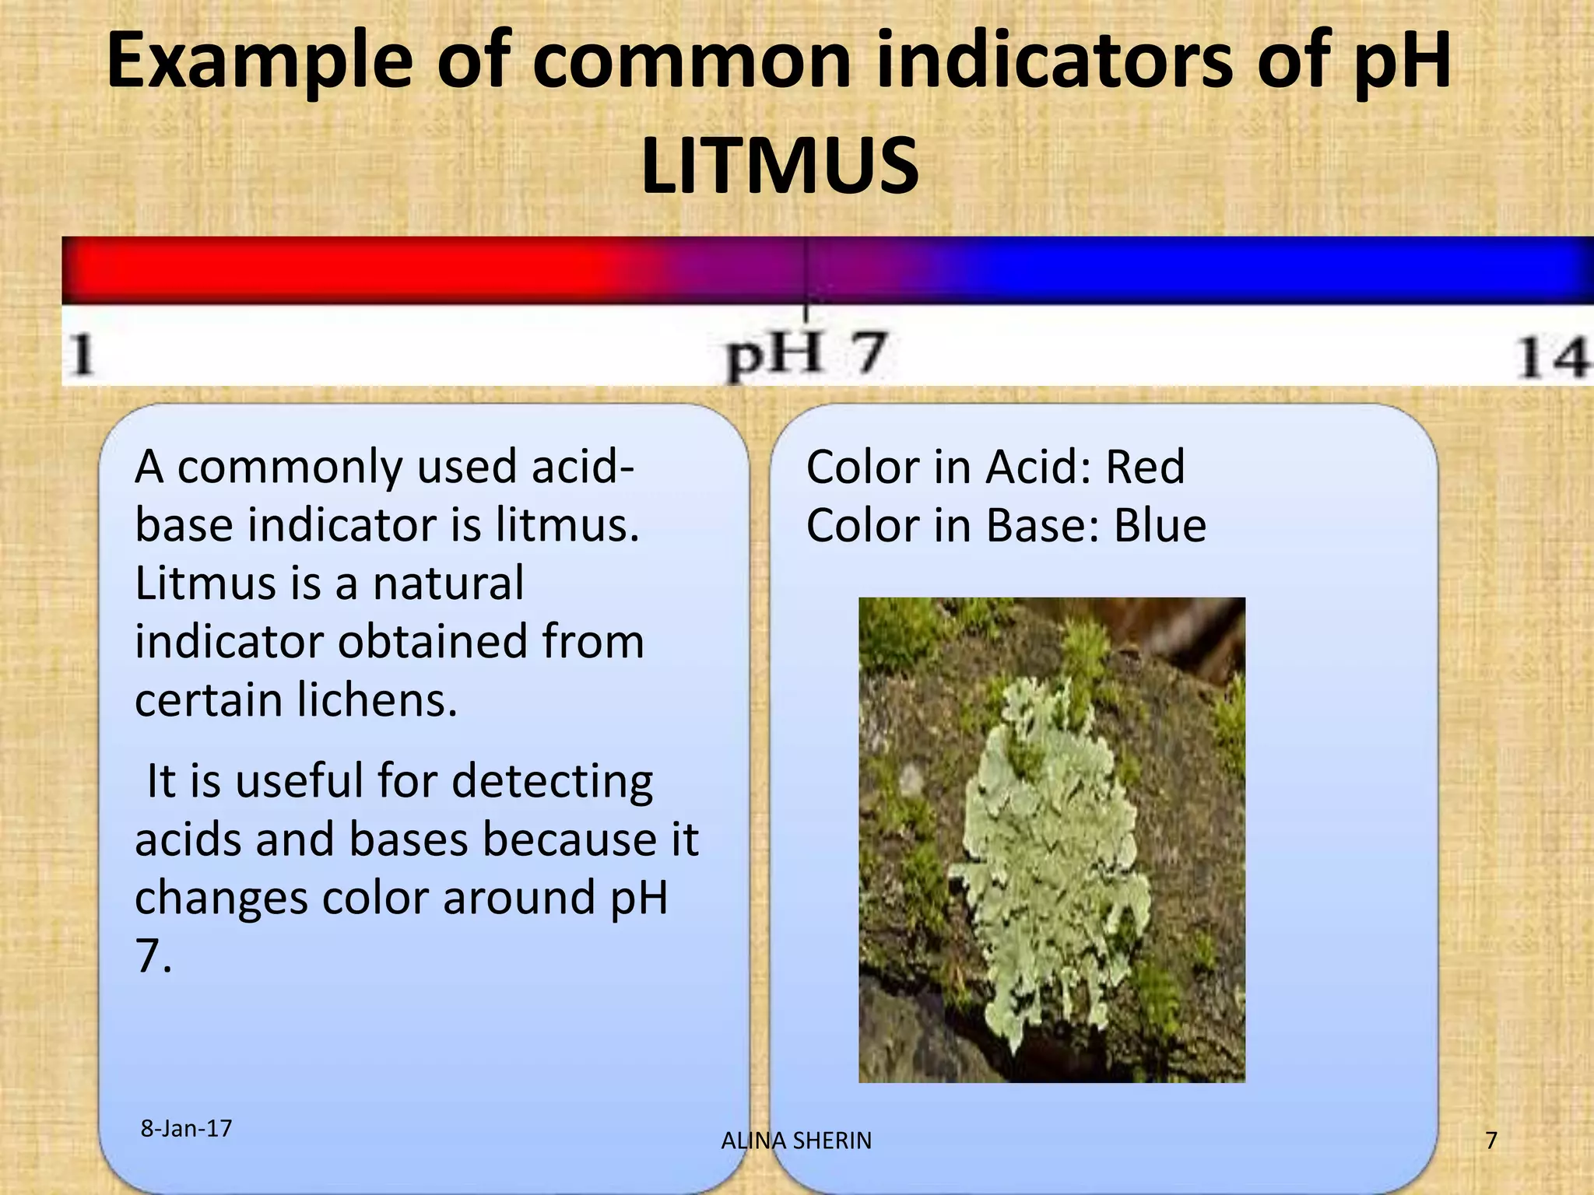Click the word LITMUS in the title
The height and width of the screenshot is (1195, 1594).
point(780,166)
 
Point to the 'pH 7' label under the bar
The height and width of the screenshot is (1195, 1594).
point(806,356)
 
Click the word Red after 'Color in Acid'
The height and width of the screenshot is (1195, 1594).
point(1145,468)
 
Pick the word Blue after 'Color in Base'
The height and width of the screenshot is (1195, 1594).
point(1160,526)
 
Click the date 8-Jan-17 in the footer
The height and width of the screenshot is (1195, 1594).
point(186,1128)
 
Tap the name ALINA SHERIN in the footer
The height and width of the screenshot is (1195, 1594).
point(796,1141)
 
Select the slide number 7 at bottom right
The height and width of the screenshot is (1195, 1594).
point(1490,1141)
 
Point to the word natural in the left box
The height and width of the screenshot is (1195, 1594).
point(448,583)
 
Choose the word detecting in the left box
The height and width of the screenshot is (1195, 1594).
point(552,781)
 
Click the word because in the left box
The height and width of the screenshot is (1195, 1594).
point(569,839)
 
